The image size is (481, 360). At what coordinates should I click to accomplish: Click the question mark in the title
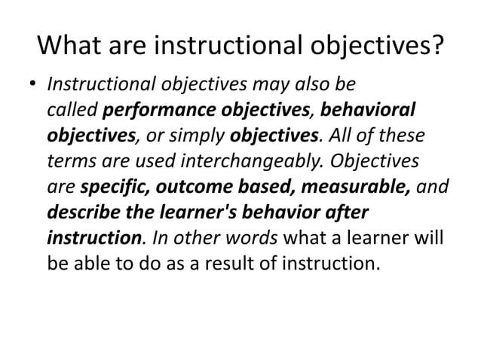coord(436,47)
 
